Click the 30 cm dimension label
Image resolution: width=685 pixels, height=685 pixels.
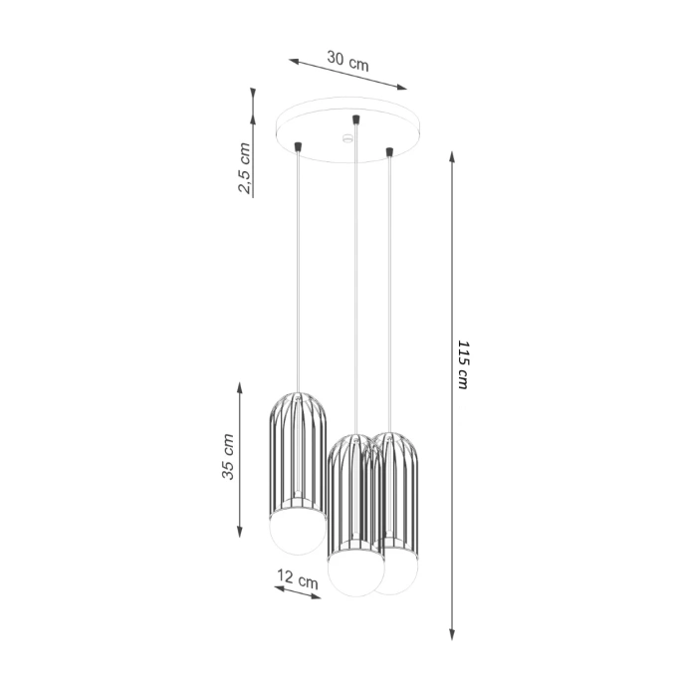[x=348, y=61]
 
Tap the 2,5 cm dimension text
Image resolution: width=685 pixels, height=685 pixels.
[x=244, y=168]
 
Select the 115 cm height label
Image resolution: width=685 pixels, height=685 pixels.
[x=462, y=365]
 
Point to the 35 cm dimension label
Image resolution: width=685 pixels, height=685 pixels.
[x=228, y=458]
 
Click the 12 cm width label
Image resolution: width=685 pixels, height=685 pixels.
[x=297, y=577]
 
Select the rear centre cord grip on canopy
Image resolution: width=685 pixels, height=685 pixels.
[x=355, y=120]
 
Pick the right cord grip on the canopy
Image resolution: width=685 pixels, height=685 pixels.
[x=389, y=151]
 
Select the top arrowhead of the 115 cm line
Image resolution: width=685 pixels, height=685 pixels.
[x=453, y=157]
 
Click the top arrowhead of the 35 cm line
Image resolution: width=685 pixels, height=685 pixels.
[x=240, y=385]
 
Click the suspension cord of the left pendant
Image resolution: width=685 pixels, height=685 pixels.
[x=298, y=269]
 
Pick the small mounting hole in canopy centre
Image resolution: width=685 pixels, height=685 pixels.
[x=347, y=138]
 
